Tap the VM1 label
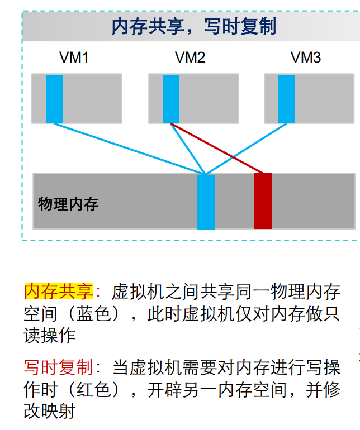(x=74, y=58)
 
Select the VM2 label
(x=190, y=58)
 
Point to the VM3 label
(x=306, y=58)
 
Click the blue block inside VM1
(x=54, y=98)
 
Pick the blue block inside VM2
(x=171, y=98)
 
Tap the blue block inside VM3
(x=287, y=98)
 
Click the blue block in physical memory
(x=206, y=202)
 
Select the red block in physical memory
(x=263, y=201)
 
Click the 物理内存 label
(x=68, y=204)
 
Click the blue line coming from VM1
(x=129, y=148)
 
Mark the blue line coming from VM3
(x=246, y=149)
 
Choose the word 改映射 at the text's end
(x=49, y=412)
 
